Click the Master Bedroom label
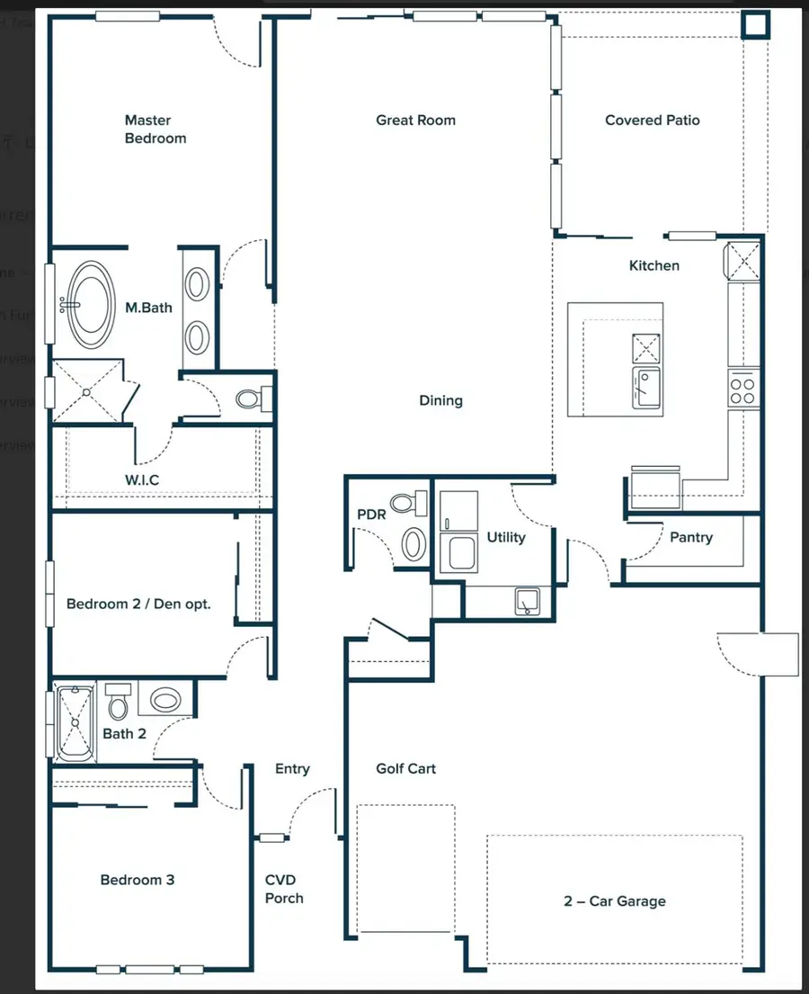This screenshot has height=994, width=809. [156, 129]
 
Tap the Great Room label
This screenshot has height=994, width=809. [415, 120]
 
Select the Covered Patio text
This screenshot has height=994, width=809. [652, 120]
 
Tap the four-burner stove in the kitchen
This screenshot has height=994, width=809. [742, 390]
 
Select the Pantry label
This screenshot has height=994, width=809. [690, 537]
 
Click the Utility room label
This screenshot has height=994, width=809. [505, 537]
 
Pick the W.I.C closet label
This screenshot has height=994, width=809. [142, 479]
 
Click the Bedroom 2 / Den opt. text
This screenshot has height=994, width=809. [138, 604]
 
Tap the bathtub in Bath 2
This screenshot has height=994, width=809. [74, 722]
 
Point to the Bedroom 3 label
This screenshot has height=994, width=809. [138, 880]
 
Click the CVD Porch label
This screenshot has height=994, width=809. [284, 889]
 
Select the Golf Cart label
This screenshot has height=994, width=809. [405, 768]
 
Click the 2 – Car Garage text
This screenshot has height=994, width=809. [615, 900]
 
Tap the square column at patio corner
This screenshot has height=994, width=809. [755, 25]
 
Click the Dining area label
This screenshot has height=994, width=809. [440, 400]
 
